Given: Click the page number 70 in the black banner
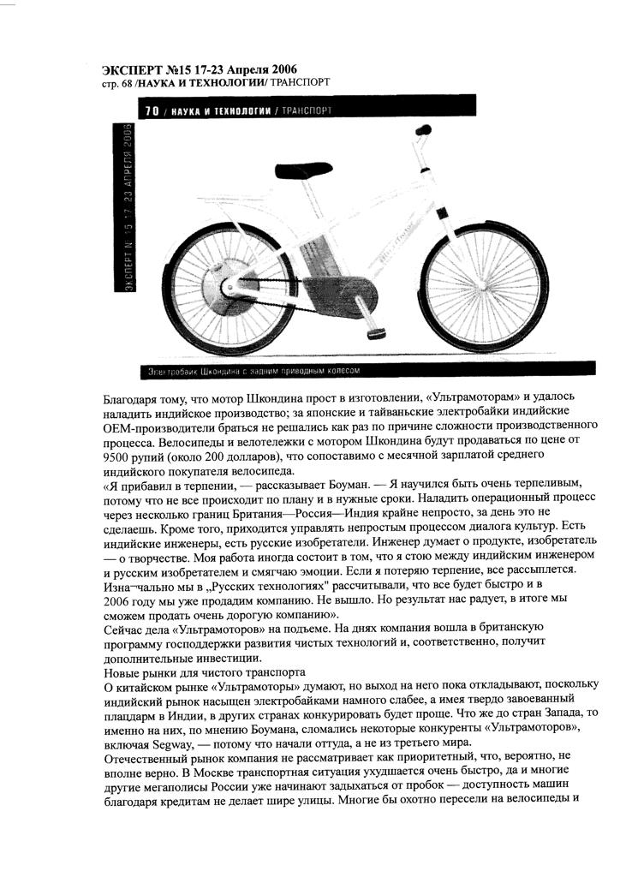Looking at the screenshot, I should tap(152, 111).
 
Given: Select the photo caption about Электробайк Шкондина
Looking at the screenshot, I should tap(254, 371).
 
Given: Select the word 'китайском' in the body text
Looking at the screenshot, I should tap(150, 688).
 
